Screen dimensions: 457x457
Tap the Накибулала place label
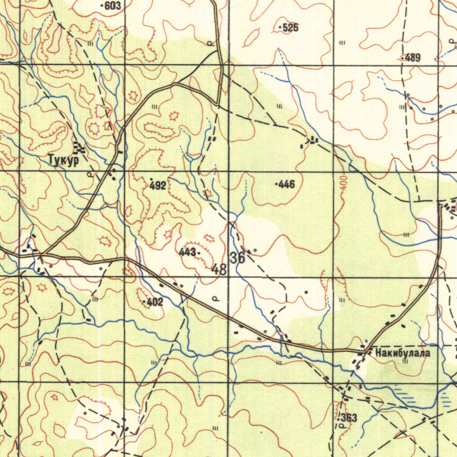[403, 353]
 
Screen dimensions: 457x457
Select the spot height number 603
[113, 5]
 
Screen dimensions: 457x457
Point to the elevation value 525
[291, 28]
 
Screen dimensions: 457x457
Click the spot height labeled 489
[413, 58]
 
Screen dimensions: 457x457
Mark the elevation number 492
[158, 186]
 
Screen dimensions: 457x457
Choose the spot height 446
[287, 184]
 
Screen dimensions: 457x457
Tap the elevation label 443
[187, 253]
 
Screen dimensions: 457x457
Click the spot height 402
[154, 303]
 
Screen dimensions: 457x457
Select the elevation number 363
[349, 418]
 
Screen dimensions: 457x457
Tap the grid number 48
[219, 269]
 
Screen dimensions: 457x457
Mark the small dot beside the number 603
[103, 6]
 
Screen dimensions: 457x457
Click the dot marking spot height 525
[280, 28]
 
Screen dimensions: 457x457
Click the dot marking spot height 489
[403, 58]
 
